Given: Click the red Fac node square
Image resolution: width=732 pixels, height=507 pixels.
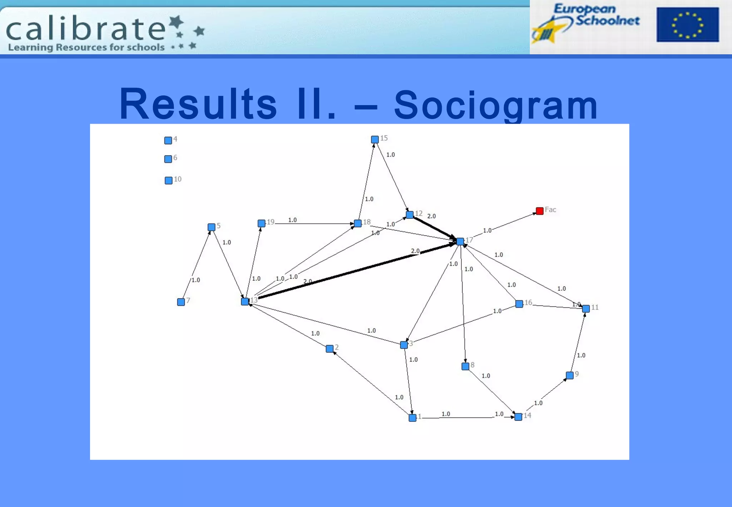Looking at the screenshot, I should point(540,211).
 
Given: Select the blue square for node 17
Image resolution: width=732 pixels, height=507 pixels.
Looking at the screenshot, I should point(460,241).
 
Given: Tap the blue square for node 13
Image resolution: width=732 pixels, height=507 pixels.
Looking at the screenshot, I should point(245,301).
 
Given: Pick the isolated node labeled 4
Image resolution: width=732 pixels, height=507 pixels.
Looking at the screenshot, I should point(168,141).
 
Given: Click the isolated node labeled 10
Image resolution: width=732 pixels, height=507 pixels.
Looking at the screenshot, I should point(168,181).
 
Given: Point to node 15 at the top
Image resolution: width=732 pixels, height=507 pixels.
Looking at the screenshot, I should point(375,139).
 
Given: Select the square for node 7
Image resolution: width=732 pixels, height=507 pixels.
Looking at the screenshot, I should point(181,302).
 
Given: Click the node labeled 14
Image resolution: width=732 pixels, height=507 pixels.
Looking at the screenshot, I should point(518,417).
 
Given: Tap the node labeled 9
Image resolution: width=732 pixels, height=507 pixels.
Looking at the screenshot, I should point(570,375).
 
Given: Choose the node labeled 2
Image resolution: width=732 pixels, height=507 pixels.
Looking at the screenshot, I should point(330,349).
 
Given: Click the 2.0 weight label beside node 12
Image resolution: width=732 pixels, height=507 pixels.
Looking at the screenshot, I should point(431,216).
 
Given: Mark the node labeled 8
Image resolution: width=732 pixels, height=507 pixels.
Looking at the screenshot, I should point(465,366).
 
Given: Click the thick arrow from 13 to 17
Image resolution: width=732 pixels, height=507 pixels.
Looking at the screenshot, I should point(357,270).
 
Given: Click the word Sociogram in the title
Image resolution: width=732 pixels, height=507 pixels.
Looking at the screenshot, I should point(496,105).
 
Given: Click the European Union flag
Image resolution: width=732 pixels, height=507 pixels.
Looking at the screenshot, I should point(687,25).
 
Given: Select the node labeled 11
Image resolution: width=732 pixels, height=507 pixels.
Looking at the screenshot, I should point(586,309).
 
